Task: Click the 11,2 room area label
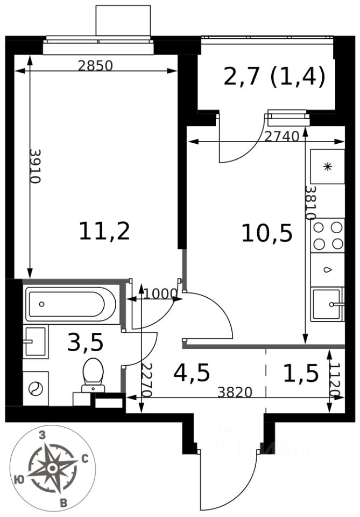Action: coord(104,231)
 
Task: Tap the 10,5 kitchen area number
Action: coord(267,233)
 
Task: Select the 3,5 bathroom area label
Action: coord(85,342)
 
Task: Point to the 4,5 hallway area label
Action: coord(192,373)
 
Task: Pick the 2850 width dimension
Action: coord(95,66)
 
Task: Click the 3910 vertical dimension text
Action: coord(34,166)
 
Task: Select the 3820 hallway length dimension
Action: coord(235,393)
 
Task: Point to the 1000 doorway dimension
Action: coord(160,293)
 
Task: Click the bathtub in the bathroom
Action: coord(71,304)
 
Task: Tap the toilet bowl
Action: coord(93,375)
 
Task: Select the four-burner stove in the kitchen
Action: coord(328,235)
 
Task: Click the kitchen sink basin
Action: coord(327,304)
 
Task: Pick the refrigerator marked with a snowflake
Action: coord(327,166)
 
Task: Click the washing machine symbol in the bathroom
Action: coord(36,388)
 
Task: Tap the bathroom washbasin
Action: coord(35,341)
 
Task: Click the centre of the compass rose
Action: coord(52,468)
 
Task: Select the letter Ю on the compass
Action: coord(20,480)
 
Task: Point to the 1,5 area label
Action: coord(301,373)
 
